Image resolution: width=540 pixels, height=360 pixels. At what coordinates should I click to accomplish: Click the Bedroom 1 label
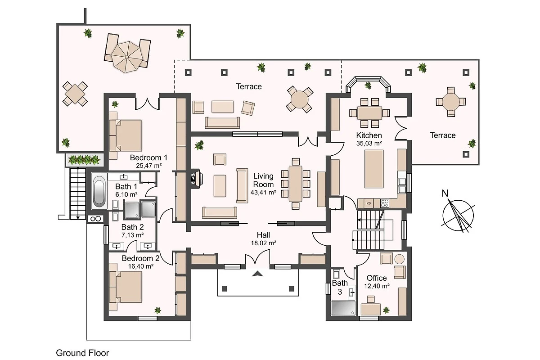coord(148,157)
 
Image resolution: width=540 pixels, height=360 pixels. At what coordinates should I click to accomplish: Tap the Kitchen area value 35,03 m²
coord(369,144)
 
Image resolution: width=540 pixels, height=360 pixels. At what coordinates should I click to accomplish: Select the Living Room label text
coord(263,180)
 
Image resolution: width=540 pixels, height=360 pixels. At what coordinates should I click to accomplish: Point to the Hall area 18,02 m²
coord(264,243)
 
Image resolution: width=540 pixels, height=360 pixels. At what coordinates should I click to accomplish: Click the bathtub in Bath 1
coord(99,191)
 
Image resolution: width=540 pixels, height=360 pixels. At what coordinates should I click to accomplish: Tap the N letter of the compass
coord(445,193)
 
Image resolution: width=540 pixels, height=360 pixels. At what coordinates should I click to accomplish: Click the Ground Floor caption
coord(82,353)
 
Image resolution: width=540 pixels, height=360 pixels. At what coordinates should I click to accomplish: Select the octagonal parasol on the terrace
coord(127,57)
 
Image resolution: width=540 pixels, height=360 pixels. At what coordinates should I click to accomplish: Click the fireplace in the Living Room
coord(197,179)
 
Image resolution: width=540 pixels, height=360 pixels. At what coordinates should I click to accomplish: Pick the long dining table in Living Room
coord(296,184)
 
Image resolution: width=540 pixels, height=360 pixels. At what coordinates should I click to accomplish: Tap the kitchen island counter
coord(374,169)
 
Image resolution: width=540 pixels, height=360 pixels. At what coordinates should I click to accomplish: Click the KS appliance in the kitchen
coord(369,203)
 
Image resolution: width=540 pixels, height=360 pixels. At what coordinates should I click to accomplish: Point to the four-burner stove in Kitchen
coord(385,203)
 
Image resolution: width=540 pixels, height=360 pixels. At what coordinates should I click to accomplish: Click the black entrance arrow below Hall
coord(257,274)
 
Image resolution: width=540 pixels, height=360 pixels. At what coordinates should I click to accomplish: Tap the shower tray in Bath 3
coord(343,308)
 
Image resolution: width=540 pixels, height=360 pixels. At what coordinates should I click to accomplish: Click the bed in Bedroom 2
coord(125,287)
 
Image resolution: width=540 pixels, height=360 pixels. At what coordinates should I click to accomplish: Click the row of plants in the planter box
coord(84,160)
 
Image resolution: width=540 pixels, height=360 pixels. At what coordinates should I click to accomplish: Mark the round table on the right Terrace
coord(451,102)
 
